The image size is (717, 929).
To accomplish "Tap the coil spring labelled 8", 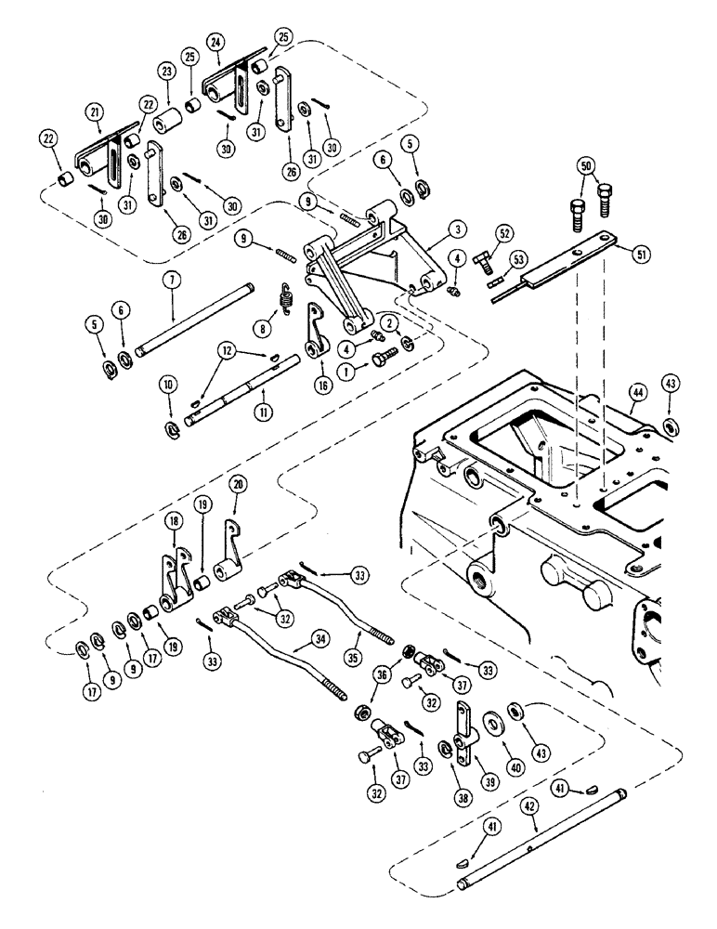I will pos(287,299).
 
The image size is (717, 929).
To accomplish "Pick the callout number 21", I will pos(95,111).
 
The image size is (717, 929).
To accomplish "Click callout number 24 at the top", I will pos(215,41).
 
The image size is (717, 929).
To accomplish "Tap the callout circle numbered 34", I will pos(295,638).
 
